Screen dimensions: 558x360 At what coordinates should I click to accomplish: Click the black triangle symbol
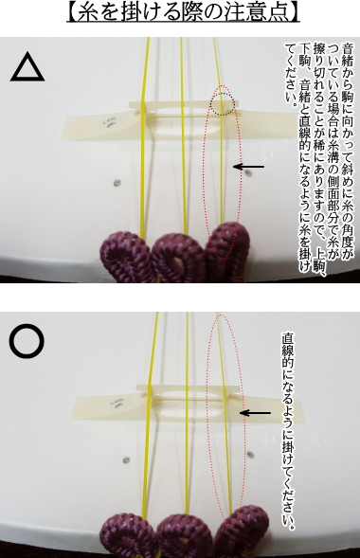28,68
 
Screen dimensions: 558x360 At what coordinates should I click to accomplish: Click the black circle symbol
27,342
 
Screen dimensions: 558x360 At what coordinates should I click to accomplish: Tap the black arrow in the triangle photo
248,168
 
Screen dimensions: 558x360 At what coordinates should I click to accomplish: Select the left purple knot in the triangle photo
127,257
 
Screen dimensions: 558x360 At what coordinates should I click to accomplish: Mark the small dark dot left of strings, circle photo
125,460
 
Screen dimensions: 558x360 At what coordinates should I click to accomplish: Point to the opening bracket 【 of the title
73,13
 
